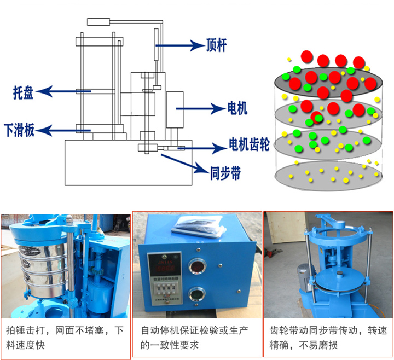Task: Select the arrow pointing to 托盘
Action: click(60, 91)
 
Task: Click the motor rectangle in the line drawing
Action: click(175, 110)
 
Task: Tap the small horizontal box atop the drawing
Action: click(98, 22)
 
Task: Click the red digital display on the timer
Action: click(164, 269)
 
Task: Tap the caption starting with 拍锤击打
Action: click(65, 338)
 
